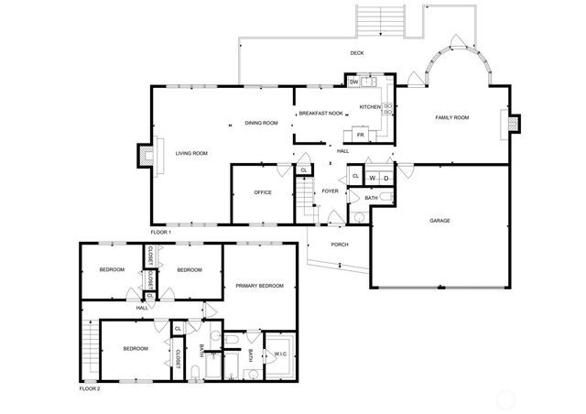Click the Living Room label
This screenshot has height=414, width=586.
[x=192, y=153]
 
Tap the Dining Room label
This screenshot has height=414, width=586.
[x=261, y=123]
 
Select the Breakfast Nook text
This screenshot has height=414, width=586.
[x=320, y=114]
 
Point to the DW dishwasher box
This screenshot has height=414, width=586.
[x=353, y=82]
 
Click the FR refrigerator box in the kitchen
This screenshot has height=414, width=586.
[x=361, y=136]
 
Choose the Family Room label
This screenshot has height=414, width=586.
[x=451, y=118]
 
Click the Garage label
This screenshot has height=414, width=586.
[x=440, y=221]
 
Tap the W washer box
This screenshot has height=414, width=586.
[x=373, y=177]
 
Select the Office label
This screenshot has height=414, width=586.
[x=263, y=192]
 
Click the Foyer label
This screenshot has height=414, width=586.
[x=330, y=191]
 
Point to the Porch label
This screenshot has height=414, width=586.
[x=340, y=245]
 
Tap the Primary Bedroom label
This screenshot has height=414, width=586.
[x=259, y=287]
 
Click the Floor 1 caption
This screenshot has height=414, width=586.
[x=161, y=233]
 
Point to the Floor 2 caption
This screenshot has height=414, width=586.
[x=89, y=388]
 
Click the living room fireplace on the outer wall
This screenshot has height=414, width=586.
[x=144, y=157]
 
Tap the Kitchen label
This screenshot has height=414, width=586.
[x=369, y=107]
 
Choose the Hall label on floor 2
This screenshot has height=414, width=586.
[x=142, y=308]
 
